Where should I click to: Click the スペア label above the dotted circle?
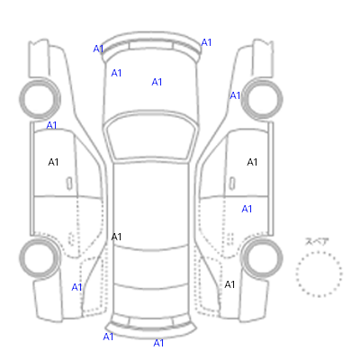tap(317, 242)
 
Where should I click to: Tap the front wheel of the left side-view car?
tap(40, 98)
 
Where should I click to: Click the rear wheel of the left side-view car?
tap(40, 258)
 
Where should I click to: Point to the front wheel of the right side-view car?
tap(262, 98)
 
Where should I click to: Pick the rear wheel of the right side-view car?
tap(262, 258)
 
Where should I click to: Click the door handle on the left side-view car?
tap(69, 184)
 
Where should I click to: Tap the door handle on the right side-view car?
tap(232, 184)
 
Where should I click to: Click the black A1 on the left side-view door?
tap(53, 162)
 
